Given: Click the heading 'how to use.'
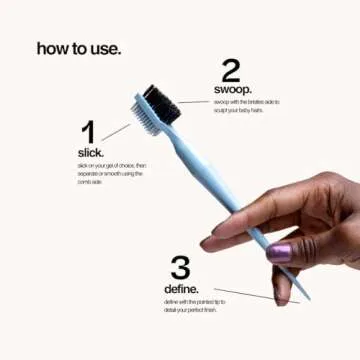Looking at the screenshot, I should tap(79, 47).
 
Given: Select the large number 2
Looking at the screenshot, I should tap(231, 69).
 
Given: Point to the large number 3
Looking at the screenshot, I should tap(180, 267).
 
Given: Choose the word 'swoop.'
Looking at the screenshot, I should tap(233, 90).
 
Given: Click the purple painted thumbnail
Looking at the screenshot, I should tap(279, 252).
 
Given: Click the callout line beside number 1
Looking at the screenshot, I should tap(115, 130).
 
